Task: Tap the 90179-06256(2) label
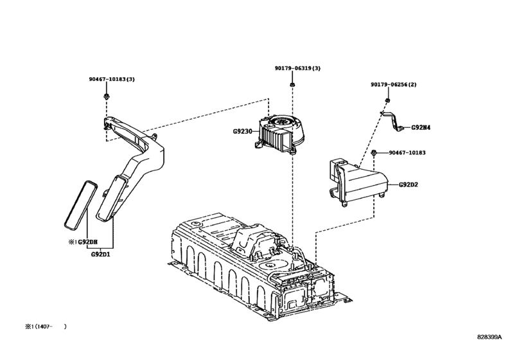point(393,84)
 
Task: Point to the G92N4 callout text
point(421,127)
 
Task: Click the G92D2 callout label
point(408,184)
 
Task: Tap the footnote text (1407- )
point(46,327)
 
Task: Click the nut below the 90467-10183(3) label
point(105,96)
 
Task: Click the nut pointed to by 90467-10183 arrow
point(373,153)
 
